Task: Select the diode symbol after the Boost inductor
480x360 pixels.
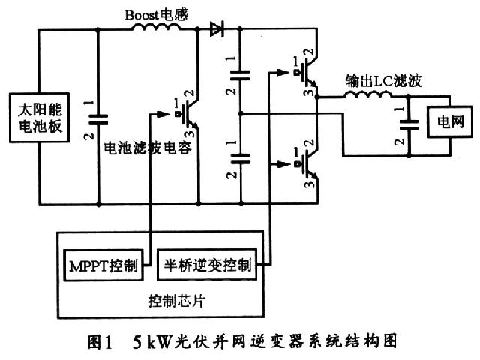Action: tap(217, 30)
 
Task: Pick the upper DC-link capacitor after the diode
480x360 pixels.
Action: tap(241, 74)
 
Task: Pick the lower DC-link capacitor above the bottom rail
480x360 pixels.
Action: tap(241, 158)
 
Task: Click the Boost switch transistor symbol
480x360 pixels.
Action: tap(188, 114)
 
